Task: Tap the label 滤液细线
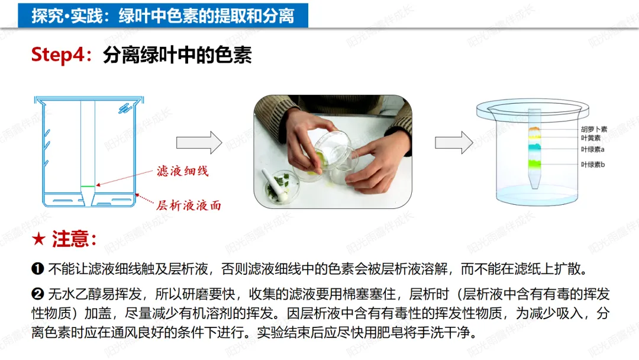pyautogui.click(x=183, y=171)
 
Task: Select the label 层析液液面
pyautogui.click(x=189, y=205)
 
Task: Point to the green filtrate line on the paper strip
pyautogui.click(x=88, y=187)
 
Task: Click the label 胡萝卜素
pyautogui.click(x=594, y=129)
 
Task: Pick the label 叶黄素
pyautogui.click(x=590, y=138)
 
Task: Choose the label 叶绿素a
pyautogui.click(x=592, y=149)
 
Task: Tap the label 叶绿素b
pyautogui.click(x=592, y=164)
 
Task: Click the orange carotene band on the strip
pyautogui.click(x=534, y=130)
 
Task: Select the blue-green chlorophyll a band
pyautogui.click(x=535, y=147)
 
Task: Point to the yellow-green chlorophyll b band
pyautogui.click(x=535, y=164)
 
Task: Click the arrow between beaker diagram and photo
pyautogui.click(x=199, y=143)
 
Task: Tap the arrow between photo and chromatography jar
pyautogui.click(x=454, y=143)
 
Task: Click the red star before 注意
pyautogui.click(x=38, y=239)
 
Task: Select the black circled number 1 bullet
pyautogui.click(x=37, y=269)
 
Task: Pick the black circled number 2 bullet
pyautogui.click(x=37, y=294)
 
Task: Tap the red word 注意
pyautogui.click(x=70, y=239)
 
